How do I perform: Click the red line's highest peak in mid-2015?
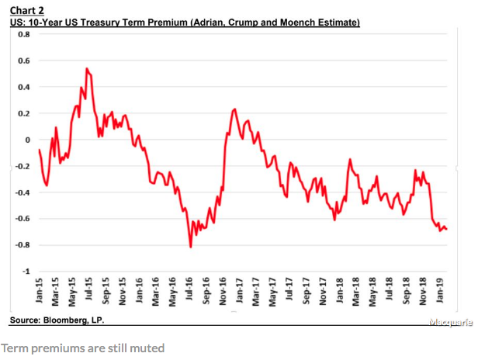point(86,68)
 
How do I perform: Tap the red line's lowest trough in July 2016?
point(191,247)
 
